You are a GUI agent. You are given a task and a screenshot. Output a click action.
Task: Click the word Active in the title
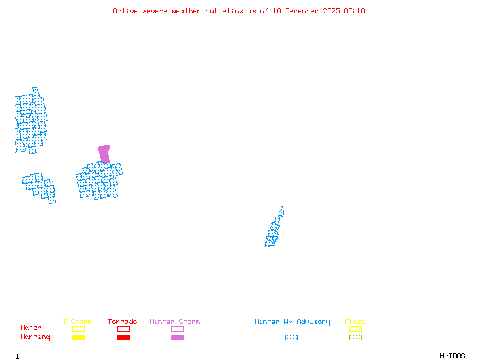125,11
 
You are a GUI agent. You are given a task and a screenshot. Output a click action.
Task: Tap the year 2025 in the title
332,11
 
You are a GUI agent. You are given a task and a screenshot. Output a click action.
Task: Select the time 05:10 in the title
355,11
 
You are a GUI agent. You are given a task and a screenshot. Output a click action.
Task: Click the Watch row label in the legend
31,328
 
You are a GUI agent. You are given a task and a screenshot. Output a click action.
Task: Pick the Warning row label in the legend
35,337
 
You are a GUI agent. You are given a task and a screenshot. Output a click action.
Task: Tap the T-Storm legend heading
77,322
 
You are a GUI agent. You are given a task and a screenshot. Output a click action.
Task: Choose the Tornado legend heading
122,322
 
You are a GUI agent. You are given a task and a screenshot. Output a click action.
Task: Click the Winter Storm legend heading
175,322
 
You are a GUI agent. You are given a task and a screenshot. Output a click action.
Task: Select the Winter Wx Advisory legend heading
292,322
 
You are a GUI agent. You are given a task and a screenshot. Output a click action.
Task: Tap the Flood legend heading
355,322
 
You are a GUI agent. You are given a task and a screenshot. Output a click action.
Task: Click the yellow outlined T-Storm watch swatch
78,329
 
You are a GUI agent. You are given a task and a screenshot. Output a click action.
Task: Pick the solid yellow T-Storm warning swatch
78,338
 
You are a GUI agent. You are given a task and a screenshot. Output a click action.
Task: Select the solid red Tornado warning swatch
123,338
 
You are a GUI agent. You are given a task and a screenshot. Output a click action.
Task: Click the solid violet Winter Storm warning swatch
177,338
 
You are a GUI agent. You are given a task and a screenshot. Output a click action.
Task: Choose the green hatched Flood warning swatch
355,338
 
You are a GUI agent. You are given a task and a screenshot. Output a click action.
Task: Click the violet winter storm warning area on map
104,153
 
